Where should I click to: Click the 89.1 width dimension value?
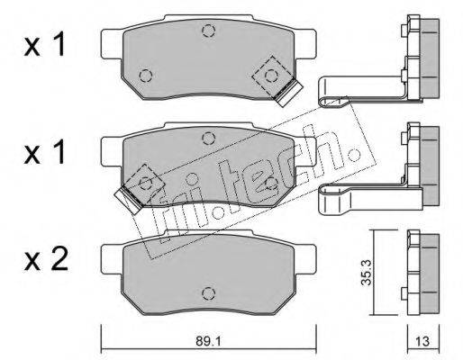tap(208, 341)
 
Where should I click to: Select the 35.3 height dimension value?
tap(367, 273)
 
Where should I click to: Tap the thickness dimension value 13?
tap(422, 341)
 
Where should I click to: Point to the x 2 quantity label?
tap(46, 260)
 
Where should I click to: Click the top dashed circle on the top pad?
tap(208, 31)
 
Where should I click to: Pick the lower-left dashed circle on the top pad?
tap(146, 76)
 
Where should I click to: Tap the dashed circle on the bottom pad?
tap(208, 293)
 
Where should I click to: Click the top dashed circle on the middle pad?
tap(208, 139)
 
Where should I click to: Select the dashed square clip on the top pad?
tap(271, 76)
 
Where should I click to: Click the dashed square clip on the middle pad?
tap(145, 183)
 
